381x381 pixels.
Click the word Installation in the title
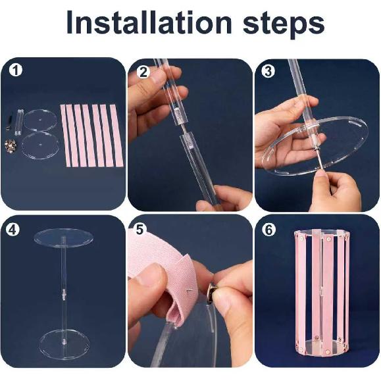[149, 22]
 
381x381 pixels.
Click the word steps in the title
[284, 24]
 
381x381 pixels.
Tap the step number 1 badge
[16, 70]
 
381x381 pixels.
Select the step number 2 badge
[143, 72]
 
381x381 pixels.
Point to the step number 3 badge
[268, 72]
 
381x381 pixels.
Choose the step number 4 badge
[13, 230]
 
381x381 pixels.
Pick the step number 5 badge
[140, 230]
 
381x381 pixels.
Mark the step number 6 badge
[269, 230]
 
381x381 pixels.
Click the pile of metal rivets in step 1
[11, 145]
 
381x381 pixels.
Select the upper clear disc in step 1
[39, 120]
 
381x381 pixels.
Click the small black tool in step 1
[11, 118]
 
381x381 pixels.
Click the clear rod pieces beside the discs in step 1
[19, 122]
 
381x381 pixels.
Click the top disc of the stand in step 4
[64, 236]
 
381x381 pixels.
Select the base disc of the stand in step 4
[64, 345]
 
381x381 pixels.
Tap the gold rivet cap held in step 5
[213, 293]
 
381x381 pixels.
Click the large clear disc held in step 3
[315, 146]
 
